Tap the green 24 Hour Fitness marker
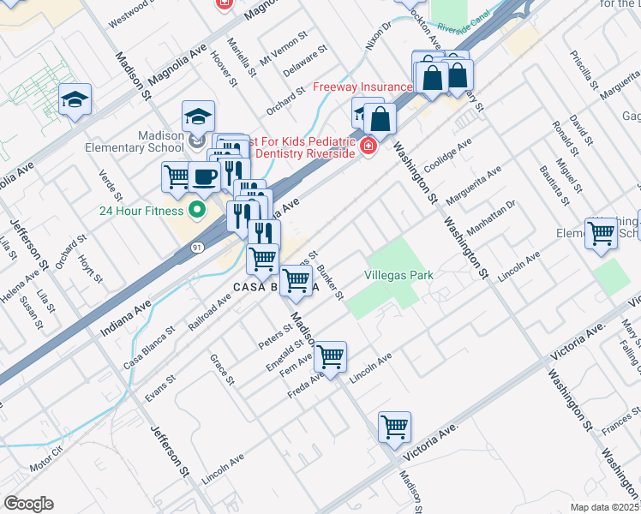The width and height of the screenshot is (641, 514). pos(197,210)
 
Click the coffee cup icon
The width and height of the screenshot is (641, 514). pos(203,176)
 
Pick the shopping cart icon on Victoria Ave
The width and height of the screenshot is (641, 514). pos(394,426)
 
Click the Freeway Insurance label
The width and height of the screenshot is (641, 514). pos(362,87)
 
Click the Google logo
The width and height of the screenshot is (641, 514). pos(27,504)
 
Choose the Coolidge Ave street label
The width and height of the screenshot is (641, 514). pos(447,154)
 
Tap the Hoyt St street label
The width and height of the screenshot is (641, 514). pos(89,266)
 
